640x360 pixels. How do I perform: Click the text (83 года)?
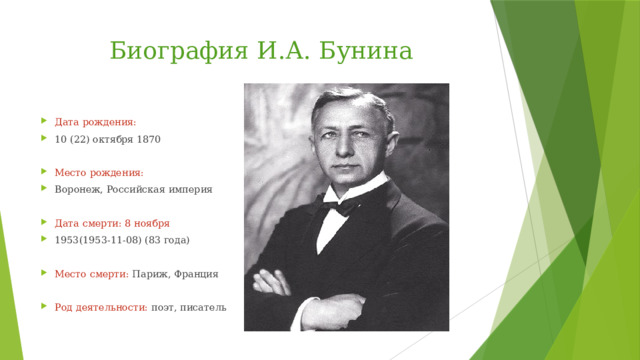coord(162,240)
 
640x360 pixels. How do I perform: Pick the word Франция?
coord(198,273)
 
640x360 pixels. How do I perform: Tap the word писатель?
coord(204,307)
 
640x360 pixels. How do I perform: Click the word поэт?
coord(164,307)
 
